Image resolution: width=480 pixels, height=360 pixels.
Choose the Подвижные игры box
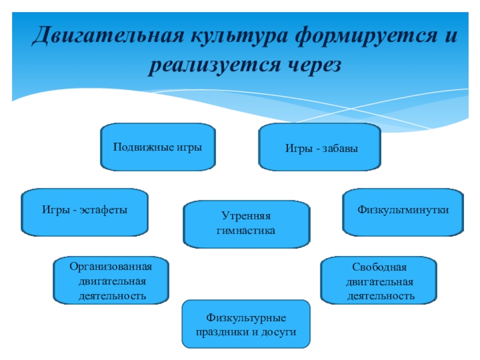157,146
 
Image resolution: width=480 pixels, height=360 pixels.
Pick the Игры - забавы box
319,147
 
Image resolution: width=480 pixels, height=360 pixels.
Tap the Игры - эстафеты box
85,211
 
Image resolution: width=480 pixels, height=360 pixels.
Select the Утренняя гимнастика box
247,223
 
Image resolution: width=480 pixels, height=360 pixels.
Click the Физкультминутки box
403,211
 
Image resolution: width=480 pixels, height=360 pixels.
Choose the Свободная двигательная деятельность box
379,280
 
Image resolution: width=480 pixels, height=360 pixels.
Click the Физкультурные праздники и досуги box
246,324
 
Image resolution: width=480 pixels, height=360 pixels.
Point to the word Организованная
111,266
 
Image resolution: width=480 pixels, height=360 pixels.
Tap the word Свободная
379,266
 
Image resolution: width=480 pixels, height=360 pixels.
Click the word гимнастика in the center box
247,230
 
